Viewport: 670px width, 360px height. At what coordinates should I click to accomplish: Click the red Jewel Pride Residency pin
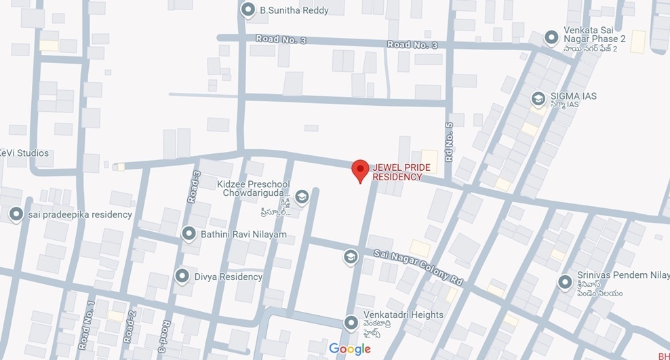coord(360,169)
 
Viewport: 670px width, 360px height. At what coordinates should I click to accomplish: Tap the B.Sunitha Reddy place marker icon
coord(248,10)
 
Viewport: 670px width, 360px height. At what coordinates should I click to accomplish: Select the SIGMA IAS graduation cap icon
coord(538,99)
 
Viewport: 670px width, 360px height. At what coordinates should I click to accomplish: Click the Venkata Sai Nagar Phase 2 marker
coord(552,35)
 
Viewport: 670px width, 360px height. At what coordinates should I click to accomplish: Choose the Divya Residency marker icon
coord(182,277)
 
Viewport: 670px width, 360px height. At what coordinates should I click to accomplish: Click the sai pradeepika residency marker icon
coord(16,214)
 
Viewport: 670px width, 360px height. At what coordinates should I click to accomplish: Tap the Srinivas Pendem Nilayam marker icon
coord(564,281)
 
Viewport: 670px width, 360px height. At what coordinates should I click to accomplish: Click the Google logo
coord(350,349)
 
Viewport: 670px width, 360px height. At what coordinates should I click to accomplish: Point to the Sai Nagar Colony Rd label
coord(418,265)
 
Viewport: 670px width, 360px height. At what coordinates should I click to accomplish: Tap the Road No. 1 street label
coord(86,325)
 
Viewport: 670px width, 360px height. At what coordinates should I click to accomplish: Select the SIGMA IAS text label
coord(573,96)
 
